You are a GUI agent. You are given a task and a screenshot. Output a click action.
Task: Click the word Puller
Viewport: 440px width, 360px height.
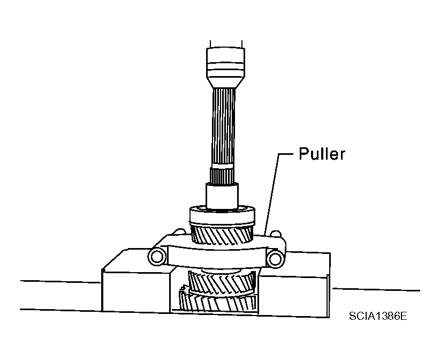pos(322,154)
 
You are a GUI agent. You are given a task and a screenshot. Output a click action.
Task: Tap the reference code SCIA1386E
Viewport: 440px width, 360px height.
pos(378,316)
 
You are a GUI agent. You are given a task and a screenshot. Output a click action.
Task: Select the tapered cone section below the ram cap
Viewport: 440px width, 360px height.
pos(225,83)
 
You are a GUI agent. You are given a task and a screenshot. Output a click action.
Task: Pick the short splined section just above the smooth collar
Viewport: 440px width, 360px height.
pos(222,176)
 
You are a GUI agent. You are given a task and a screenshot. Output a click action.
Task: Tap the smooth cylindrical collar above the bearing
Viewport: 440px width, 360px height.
pos(222,196)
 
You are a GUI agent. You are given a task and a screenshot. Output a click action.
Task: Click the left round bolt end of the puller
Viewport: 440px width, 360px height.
pos(157,257)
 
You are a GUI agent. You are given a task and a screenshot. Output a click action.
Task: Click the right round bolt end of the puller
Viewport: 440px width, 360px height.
pos(276,258)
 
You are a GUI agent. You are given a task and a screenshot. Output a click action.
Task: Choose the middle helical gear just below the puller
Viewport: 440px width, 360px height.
pos(222,282)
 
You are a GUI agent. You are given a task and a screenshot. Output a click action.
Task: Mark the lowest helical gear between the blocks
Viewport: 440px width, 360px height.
pos(218,302)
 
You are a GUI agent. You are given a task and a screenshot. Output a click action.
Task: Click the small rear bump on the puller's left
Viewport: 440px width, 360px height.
pos(178,232)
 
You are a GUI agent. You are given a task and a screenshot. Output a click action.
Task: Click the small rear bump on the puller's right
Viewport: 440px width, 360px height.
pos(276,234)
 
